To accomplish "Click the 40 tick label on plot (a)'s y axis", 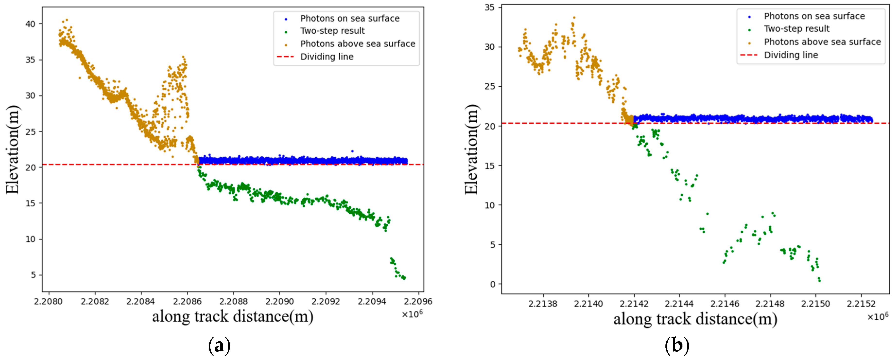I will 30,24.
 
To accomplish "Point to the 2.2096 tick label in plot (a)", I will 418,301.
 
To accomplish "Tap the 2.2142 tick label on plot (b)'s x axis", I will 634,304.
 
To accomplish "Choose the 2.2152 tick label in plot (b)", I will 861,304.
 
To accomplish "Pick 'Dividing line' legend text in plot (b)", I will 791,55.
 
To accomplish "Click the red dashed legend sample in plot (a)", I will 285,57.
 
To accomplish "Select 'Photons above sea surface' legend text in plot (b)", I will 822,42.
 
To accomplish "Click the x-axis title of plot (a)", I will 232,316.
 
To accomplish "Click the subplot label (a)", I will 219,346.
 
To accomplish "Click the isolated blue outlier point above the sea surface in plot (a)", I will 352,151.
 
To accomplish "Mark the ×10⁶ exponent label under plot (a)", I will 412,314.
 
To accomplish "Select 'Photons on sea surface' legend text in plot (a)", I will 350,18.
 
